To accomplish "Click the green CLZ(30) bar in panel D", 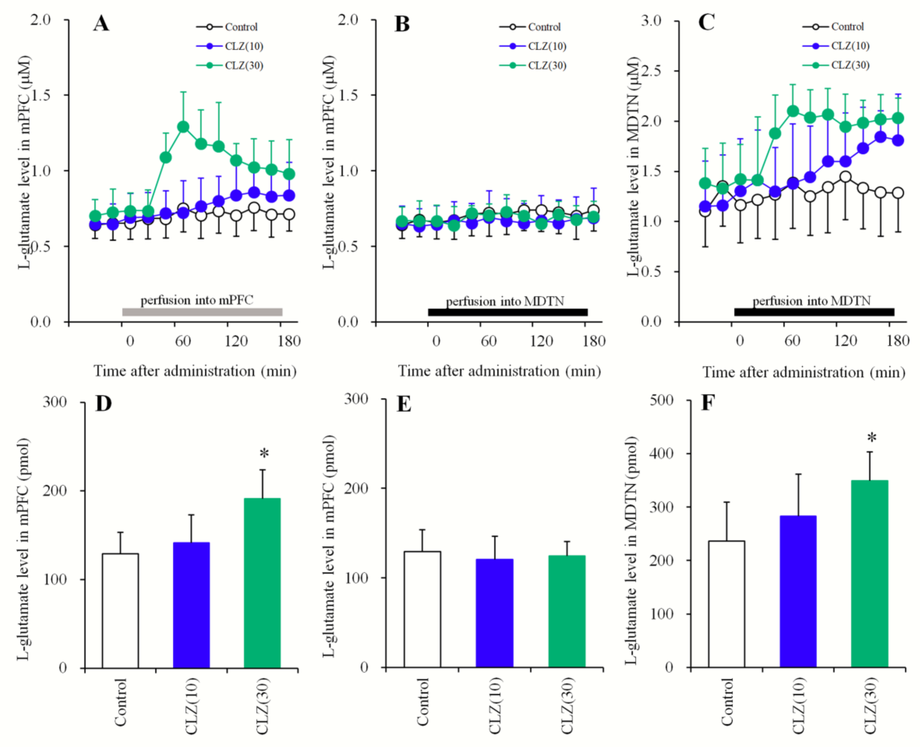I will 262,583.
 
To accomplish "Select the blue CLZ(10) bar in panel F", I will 798,592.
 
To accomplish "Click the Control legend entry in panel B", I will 544,27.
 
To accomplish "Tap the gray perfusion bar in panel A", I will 202,312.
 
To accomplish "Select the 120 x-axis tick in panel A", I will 236,341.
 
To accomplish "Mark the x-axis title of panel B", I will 499,371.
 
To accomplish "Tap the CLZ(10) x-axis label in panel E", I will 495,706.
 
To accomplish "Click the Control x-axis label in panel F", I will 727,702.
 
